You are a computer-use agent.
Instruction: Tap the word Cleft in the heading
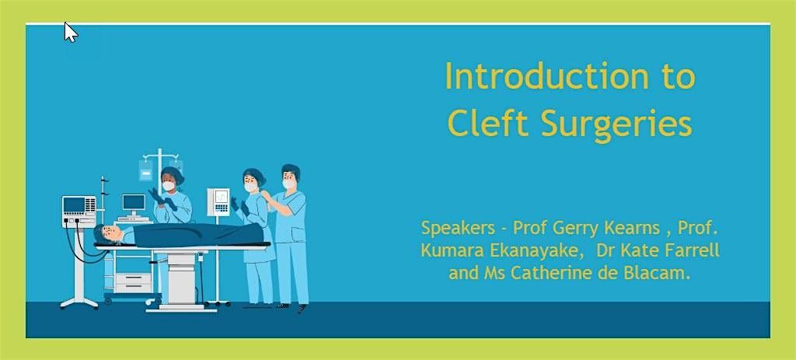pyautogui.click(x=487, y=123)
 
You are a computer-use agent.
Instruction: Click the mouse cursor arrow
pyautogui.click(x=71, y=32)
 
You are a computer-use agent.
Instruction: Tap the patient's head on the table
pyautogui.click(x=106, y=233)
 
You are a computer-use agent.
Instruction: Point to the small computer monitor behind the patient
pyautogui.click(x=134, y=203)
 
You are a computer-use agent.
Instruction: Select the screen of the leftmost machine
pyautogui.click(x=74, y=204)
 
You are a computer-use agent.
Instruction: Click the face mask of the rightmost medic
pyautogui.click(x=288, y=183)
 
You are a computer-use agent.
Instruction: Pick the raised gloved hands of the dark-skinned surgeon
pyautogui.click(x=162, y=198)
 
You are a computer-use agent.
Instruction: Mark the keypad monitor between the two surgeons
pyautogui.click(x=218, y=202)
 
